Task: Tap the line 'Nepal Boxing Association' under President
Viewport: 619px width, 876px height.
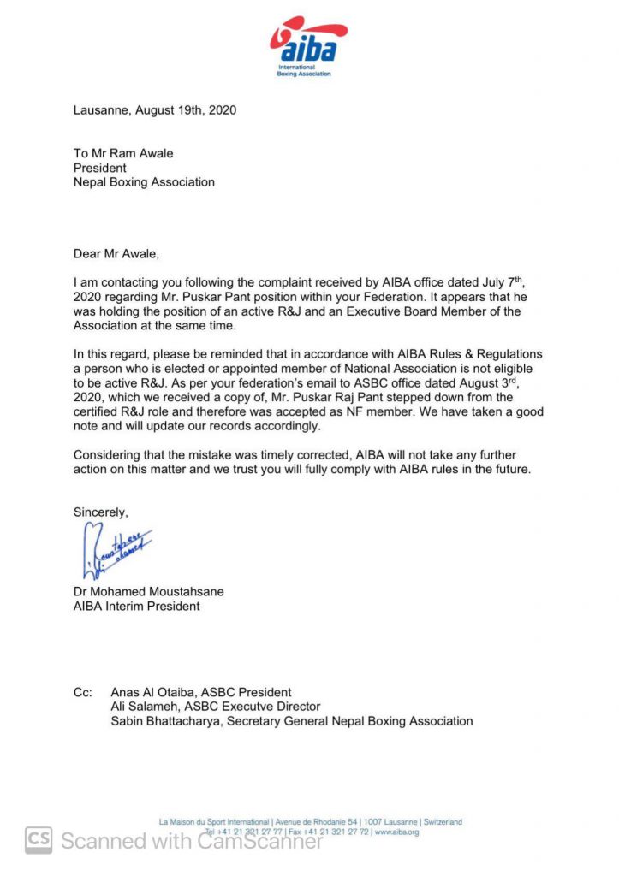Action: point(144,182)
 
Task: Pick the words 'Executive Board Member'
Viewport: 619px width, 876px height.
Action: point(393,311)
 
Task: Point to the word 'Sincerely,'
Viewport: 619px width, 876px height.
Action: point(101,512)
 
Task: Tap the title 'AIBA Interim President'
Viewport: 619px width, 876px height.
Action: point(137,607)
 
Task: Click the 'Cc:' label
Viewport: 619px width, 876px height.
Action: point(83,692)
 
